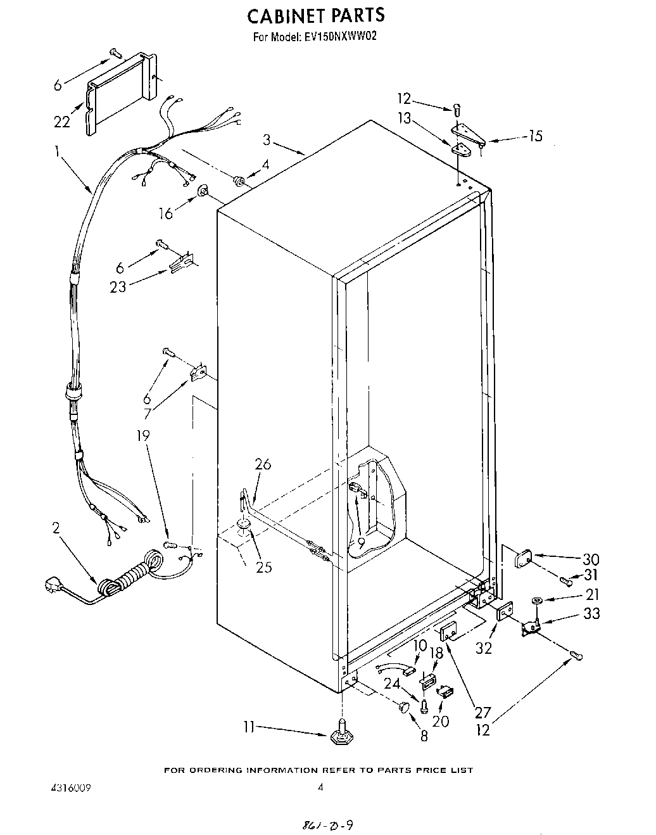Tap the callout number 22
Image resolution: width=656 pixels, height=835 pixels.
(x=61, y=121)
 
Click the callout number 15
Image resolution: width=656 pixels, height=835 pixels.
(x=535, y=136)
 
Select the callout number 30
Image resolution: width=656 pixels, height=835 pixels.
(x=590, y=559)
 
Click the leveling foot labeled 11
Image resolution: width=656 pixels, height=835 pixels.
(x=341, y=734)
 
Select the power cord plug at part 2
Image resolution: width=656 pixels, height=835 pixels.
(x=54, y=584)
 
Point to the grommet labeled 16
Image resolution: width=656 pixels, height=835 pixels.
(x=204, y=189)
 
